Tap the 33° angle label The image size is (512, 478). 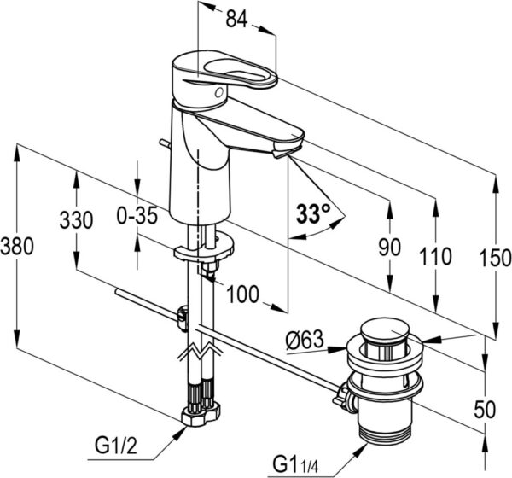(x=312, y=215)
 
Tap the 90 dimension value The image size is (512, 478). (x=389, y=248)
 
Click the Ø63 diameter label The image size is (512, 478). (x=304, y=342)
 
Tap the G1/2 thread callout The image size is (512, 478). (x=115, y=445)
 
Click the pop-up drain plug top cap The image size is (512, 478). (x=387, y=330)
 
